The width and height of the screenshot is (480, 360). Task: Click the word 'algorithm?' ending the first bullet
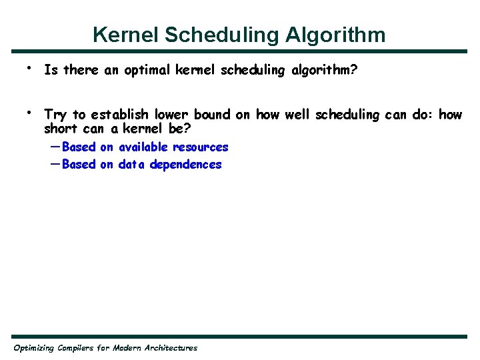pos(325,70)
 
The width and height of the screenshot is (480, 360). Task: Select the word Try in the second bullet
pos(55,115)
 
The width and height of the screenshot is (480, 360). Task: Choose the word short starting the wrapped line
pos(60,128)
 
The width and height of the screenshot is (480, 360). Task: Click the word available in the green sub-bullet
pos(143,147)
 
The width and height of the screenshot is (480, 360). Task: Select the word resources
pos(201,147)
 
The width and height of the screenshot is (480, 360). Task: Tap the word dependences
pos(185,164)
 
